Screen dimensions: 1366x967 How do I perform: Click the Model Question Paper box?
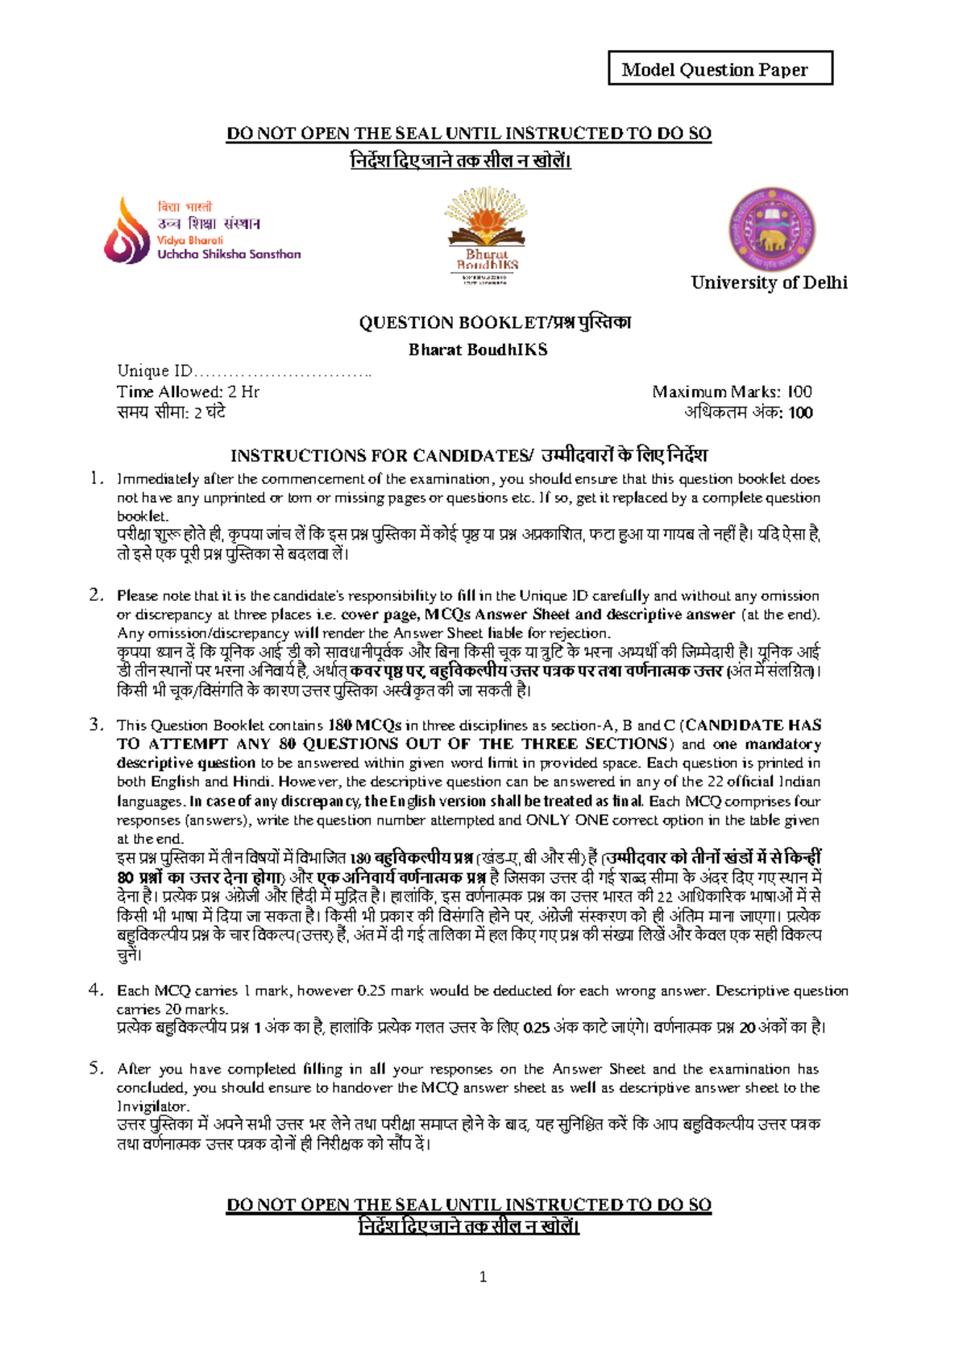[x=720, y=69]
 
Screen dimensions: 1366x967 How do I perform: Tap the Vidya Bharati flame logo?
[x=127, y=232]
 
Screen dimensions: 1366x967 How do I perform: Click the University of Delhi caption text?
[x=769, y=283]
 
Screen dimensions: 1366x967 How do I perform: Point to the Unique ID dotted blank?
[x=283, y=371]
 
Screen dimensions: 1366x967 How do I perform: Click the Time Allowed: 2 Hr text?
[x=188, y=392]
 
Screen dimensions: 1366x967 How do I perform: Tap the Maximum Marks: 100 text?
[x=732, y=392]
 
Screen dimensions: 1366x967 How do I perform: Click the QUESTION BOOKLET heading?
[x=495, y=323]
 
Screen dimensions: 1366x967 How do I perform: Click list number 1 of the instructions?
[x=97, y=478]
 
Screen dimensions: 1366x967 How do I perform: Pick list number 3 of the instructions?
[x=97, y=725]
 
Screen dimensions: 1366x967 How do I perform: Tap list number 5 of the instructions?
[x=97, y=1069]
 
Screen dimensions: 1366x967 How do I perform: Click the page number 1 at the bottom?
[x=483, y=1277]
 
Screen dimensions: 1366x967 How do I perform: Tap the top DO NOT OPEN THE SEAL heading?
[x=469, y=134]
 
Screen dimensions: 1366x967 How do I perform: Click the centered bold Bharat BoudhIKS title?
[x=478, y=350]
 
